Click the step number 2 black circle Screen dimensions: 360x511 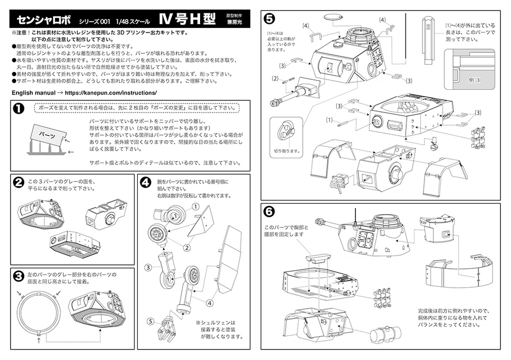coord(19,182)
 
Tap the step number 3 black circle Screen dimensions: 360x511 coord(19,276)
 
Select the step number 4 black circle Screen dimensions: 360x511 coord(145,182)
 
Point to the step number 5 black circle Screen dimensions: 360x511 coord(269,19)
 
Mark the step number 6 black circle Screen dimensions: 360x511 coord(269,211)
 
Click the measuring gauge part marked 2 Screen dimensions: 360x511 coord(428,40)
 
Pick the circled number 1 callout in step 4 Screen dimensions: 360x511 coord(196,206)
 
